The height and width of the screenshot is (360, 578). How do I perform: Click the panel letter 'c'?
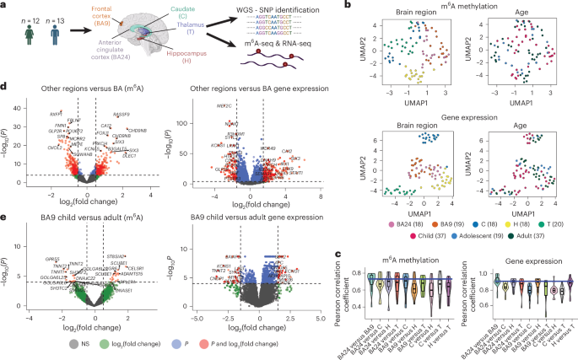point(338,254)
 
